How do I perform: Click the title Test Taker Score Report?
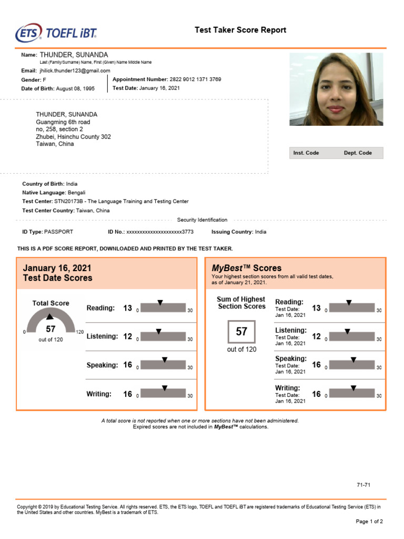tap(240, 30)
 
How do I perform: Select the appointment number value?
tap(195, 79)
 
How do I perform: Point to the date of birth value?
tap(75, 89)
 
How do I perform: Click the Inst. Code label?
tap(306, 153)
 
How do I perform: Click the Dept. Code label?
tap(358, 153)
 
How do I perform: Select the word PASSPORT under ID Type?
tap(59, 232)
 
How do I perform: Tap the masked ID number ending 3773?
tap(160, 232)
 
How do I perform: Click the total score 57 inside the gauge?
tap(50, 330)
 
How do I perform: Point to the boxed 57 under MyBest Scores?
tap(241, 332)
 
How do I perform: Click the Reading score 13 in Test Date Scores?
tap(127, 308)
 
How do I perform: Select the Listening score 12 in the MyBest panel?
tap(316, 336)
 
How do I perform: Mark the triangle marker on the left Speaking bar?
tap(165, 360)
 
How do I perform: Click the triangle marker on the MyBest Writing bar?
tap(353, 388)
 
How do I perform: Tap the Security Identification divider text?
tap(202, 220)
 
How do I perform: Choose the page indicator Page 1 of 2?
tap(369, 522)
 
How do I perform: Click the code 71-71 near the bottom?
tap(363, 485)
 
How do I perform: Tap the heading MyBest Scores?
tap(246, 268)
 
